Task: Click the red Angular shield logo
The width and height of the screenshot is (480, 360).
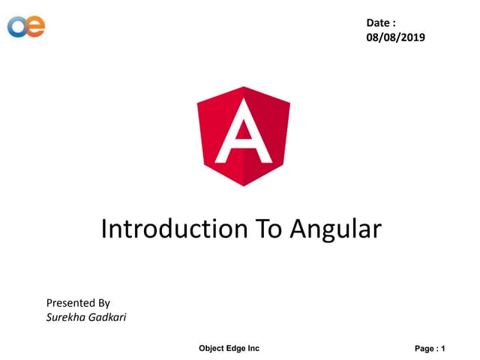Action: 244,139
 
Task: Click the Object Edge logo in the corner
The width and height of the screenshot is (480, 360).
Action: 26,26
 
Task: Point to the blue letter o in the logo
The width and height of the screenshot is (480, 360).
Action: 17,27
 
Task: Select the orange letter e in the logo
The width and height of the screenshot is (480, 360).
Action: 34,26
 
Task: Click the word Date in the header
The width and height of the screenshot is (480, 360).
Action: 379,24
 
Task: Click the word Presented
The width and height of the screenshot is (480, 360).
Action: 69,303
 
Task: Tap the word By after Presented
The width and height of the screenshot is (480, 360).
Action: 103,304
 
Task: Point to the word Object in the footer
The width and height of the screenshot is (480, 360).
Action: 212,348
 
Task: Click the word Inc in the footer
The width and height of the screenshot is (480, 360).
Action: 254,348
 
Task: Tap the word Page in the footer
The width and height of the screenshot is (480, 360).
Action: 425,349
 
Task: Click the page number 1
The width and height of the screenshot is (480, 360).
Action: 443,349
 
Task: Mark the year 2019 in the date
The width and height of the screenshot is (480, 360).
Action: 411,37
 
